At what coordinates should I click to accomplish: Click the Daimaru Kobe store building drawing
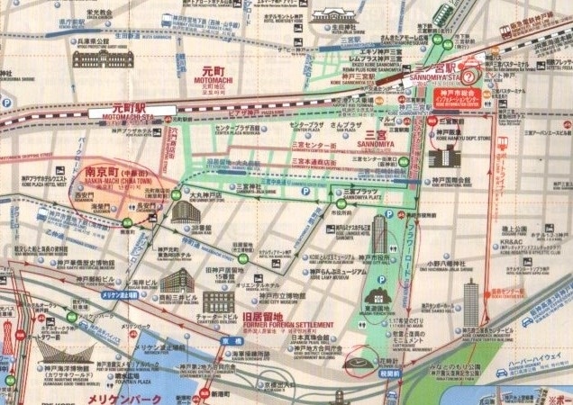[185, 213]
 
